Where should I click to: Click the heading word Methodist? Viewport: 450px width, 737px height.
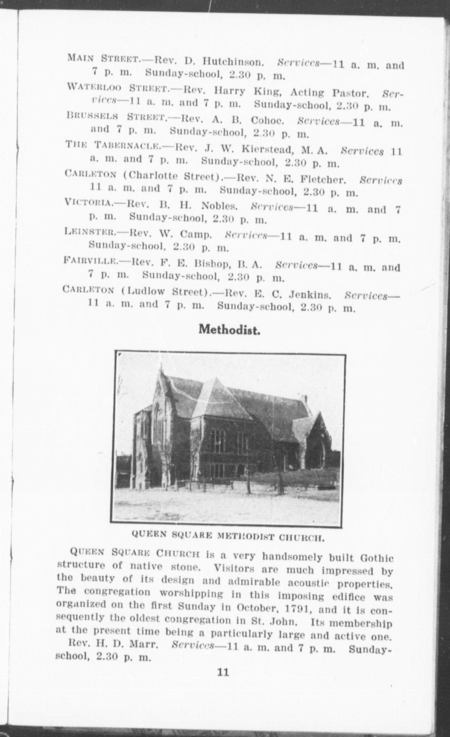[229, 330]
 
